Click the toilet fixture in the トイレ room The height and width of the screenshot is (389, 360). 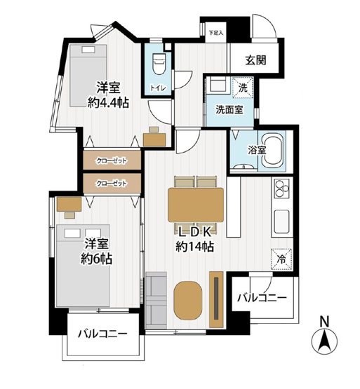[159, 64]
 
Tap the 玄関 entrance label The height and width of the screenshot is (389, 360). [256, 60]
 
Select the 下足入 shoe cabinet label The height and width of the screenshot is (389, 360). [215, 32]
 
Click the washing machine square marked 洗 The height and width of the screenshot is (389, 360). [243, 88]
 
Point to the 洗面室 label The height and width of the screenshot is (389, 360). [229, 109]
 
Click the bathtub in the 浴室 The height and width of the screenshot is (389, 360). [273, 151]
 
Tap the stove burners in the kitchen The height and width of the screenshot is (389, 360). [281, 189]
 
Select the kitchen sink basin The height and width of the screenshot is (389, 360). [281, 221]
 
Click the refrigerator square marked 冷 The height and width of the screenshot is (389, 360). [281, 259]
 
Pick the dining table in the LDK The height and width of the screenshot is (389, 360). [196, 205]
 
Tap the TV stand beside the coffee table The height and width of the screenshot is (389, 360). [216, 299]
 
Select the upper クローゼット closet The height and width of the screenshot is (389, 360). [112, 161]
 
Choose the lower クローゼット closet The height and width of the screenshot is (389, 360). [112, 184]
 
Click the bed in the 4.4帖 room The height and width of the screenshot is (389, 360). [88, 76]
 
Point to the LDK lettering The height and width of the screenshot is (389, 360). [195, 232]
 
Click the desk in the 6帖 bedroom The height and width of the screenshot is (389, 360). [69, 204]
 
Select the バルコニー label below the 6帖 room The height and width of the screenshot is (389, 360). [102, 334]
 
